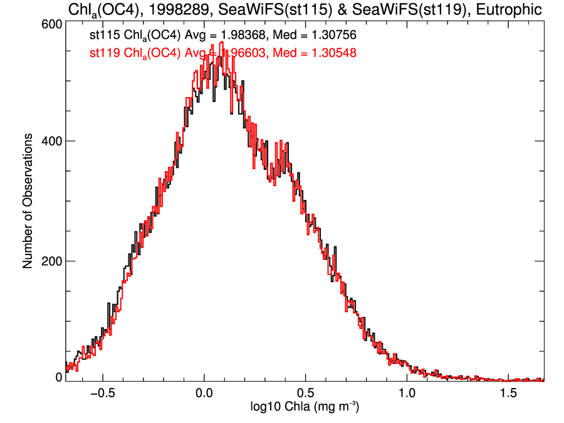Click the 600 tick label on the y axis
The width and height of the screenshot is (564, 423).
[50, 23]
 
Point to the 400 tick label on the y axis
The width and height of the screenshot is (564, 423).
[50, 142]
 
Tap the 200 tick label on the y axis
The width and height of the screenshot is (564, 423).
[50, 261]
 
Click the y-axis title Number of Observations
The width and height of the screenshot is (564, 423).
[28, 201]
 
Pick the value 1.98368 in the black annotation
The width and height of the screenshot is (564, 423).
[242, 36]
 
